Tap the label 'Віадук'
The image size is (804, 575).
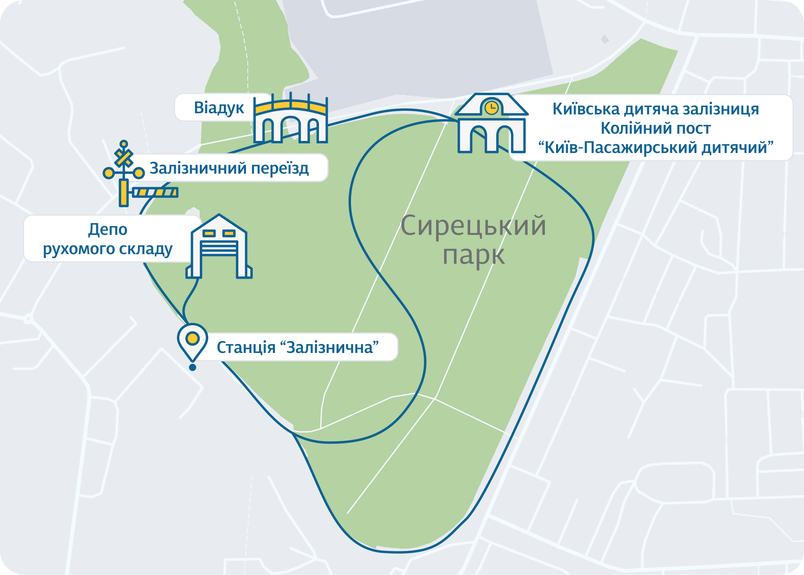219,108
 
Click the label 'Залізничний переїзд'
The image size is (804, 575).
229,168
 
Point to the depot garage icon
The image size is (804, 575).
219,247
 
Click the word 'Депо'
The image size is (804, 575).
108,229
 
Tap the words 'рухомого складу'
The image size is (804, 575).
108,249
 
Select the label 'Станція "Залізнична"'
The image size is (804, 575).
298,347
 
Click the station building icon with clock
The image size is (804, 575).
491,124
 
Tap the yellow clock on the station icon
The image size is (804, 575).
491,108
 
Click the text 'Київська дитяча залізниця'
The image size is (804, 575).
656,109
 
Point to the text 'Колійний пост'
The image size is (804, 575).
656,128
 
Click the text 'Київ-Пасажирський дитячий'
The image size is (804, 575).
656,148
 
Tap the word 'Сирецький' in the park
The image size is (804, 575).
473,226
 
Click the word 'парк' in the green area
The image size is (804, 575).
473,255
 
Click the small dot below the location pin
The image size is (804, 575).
193,367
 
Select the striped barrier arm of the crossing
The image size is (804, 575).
155,192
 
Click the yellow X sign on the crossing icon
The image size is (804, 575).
124,158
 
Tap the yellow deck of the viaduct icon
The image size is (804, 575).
291,107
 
